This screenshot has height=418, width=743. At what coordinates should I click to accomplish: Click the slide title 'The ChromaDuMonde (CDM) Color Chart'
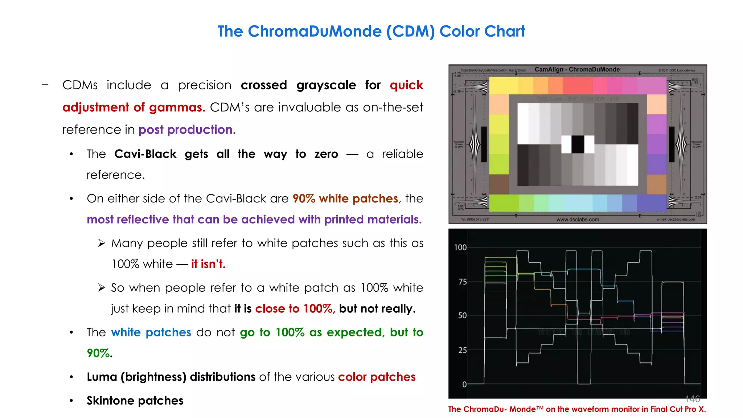[371, 32]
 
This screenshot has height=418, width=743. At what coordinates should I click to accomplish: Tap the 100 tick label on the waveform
[460, 247]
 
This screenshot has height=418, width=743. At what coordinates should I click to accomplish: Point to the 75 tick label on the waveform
[462, 282]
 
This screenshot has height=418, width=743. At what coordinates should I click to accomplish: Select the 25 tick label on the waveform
[462, 350]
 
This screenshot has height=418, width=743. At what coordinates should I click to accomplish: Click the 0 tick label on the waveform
[464, 384]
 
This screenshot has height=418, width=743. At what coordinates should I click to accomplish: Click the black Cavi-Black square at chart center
[578, 144]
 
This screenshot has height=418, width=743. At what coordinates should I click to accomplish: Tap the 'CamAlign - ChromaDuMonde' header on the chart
[577, 69]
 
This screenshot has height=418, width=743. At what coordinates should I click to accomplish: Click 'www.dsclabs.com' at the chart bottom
[578, 220]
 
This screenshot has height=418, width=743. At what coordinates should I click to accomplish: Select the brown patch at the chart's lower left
[499, 184]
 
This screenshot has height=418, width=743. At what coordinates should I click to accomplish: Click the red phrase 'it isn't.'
[208, 264]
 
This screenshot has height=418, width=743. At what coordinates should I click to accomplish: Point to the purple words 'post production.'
[187, 130]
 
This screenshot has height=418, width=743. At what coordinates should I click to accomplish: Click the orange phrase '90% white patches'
[345, 198]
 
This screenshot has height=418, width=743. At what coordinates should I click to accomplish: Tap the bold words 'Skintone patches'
[135, 401]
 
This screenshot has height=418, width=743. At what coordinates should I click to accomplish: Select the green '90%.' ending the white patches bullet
[99, 353]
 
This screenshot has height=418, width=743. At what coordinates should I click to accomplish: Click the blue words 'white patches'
[151, 332]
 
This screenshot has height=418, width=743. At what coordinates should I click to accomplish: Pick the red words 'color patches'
[377, 377]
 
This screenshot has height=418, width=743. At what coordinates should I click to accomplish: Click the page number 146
[692, 399]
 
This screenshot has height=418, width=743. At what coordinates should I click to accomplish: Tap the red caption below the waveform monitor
[577, 409]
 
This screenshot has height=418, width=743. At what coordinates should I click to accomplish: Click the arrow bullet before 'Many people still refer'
[102, 243]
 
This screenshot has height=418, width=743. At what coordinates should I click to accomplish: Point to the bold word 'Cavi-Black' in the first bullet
[145, 154]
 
